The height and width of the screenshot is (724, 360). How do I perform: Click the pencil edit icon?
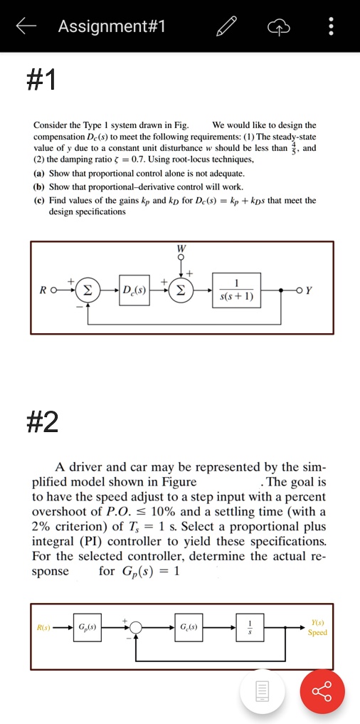(226, 27)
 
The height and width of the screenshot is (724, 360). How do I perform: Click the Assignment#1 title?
(112, 27)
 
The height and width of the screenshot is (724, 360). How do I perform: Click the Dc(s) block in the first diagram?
(133, 290)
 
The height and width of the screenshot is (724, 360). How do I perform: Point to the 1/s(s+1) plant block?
(240, 290)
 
